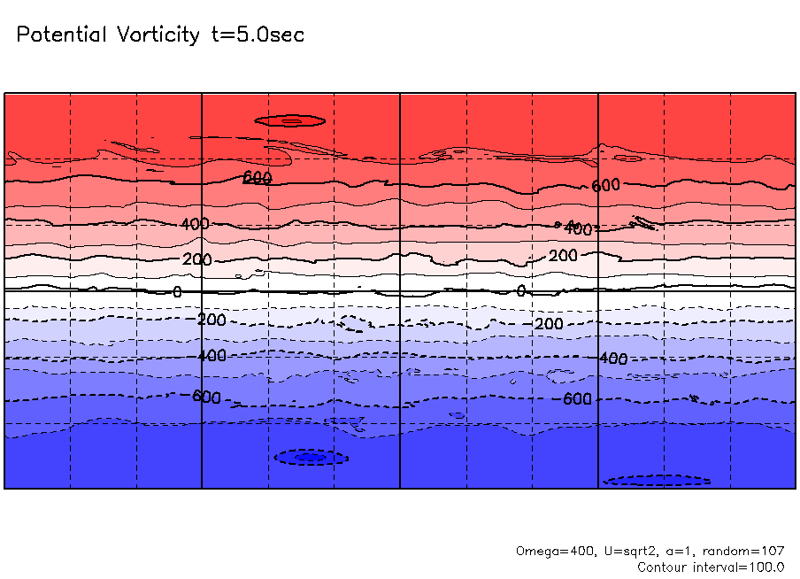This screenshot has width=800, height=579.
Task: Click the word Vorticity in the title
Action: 157,35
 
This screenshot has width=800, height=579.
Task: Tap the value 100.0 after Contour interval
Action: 766,567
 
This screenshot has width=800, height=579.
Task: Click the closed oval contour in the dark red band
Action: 290,120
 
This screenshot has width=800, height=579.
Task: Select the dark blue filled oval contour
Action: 310,457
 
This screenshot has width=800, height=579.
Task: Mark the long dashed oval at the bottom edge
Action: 658,481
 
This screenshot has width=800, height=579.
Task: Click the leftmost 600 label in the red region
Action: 258,177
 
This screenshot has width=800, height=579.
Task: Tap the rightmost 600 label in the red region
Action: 606,185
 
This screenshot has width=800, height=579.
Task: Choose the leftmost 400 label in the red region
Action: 195,224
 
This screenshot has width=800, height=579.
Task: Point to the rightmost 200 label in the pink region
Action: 563,256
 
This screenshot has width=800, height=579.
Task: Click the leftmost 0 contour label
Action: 177,291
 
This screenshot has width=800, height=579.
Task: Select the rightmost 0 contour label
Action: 521,290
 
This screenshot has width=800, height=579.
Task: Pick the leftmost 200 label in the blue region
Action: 212,320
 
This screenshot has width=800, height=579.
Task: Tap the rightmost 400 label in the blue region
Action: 612,359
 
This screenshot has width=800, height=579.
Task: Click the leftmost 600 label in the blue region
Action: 207,397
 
